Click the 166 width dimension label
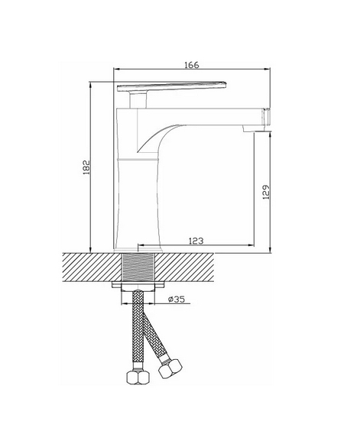pyautogui.click(x=192, y=65)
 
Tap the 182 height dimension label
pyautogui.click(x=86, y=167)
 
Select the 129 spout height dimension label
pyautogui.click(x=265, y=192)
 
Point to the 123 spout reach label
pyautogui.click(x=196, y=241)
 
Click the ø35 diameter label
pyautogui.click(x=177, y=300)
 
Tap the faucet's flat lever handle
pyautogui.click(x=172, y=86)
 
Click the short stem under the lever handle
pyautogui.click(x=138, y=100)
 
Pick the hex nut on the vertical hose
pyautogui.click(x=138, y=377)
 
